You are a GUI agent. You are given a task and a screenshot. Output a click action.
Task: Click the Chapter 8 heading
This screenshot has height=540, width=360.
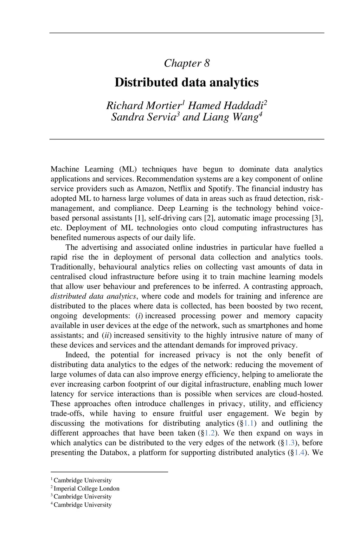[187, 63]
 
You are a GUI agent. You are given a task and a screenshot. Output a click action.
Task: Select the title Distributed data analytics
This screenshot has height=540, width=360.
[187, 83]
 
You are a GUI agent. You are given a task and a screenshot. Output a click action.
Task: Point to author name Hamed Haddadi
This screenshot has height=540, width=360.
[226, 106]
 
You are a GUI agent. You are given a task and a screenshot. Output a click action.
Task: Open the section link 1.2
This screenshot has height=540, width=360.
[210, 433]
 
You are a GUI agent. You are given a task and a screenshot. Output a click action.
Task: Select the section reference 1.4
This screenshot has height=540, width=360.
[299, 453]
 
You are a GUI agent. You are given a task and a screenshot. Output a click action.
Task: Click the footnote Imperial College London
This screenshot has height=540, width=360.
[86, 489]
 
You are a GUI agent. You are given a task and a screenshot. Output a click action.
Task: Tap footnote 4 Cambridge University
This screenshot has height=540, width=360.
[82, 505]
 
